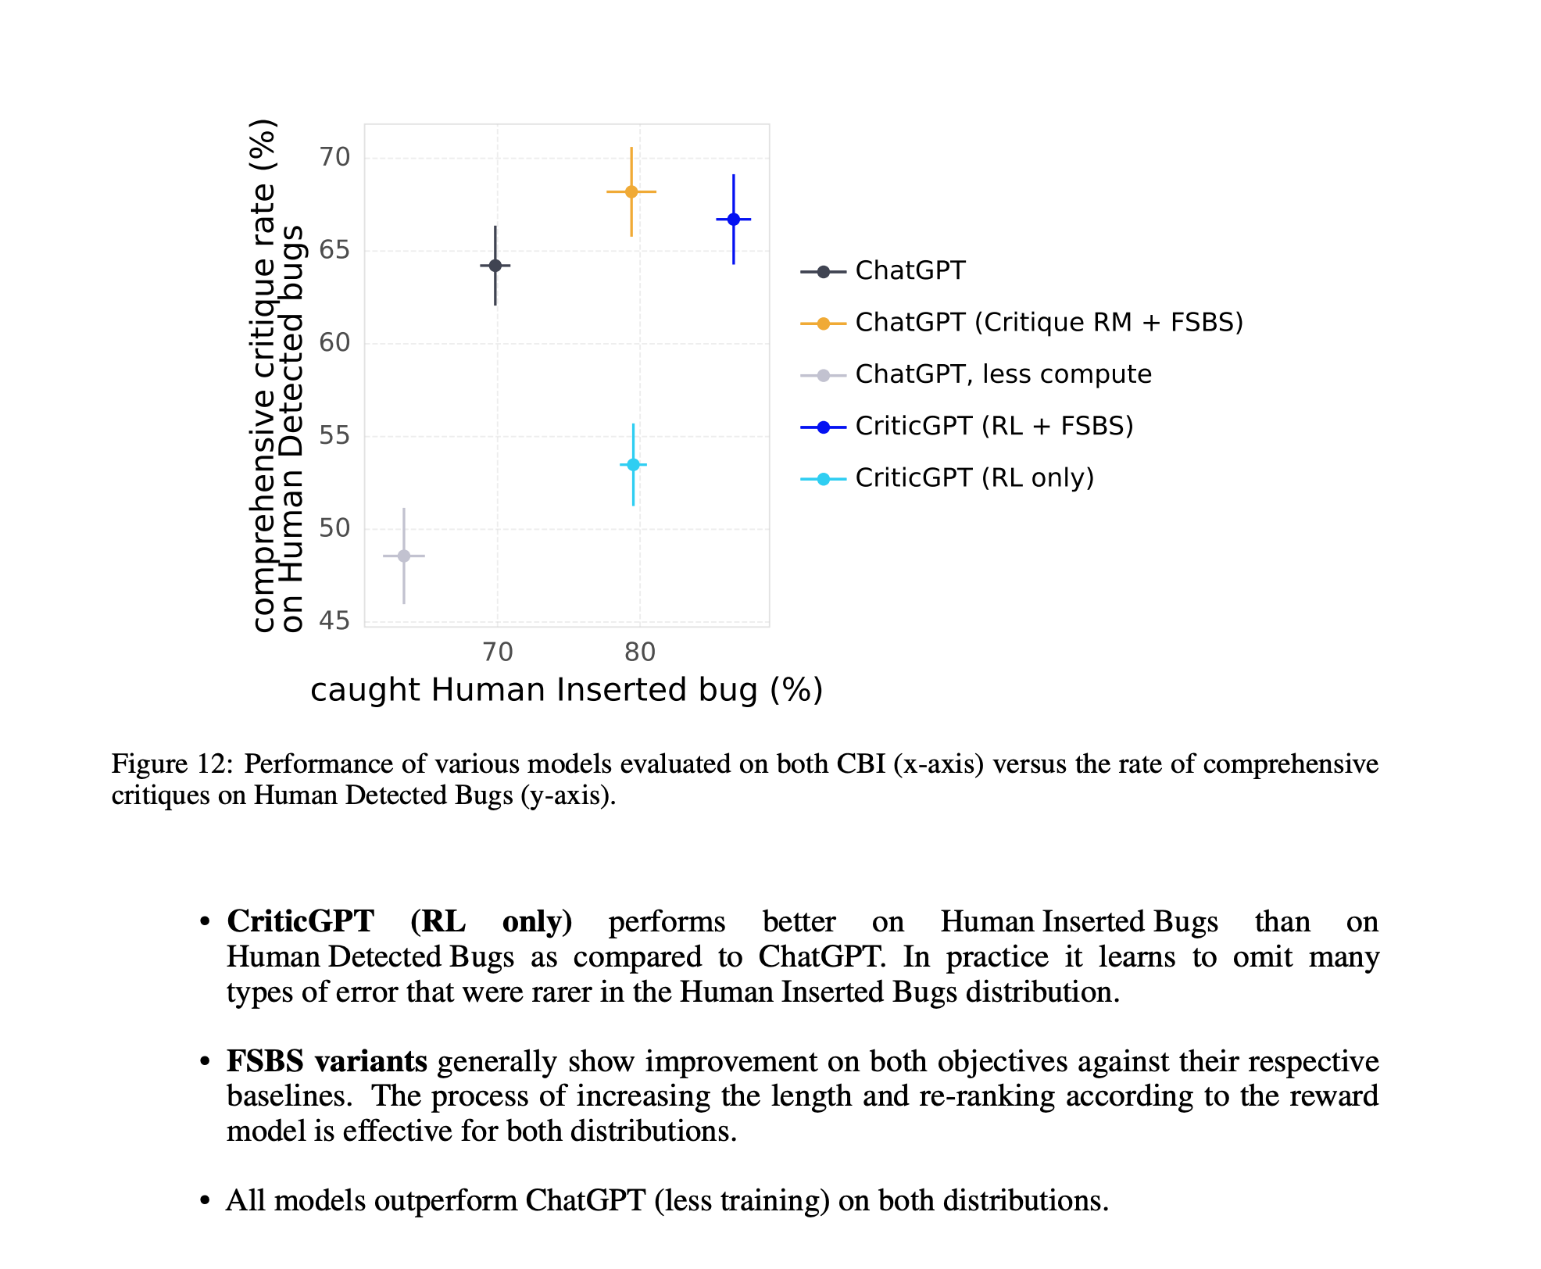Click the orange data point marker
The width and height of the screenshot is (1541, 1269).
[631, 191]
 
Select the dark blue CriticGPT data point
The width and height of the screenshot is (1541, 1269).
[734, 220]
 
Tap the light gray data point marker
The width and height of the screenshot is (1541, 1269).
[404, 556]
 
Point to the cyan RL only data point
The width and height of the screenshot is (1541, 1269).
[634, 465]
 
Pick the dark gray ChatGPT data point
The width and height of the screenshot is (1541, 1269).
[495, 266]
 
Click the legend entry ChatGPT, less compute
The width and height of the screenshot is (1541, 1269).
[1003, 374]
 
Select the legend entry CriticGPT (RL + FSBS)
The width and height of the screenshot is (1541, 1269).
[994, 426]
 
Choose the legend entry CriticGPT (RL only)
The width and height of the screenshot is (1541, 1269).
[974, 477]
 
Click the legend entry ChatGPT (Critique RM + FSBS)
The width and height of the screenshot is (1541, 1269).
[1049, 322]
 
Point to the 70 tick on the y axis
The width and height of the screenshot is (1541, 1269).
[334, 158]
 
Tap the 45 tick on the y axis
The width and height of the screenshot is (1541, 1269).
[334, 621]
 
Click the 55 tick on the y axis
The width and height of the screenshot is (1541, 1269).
[334, 436]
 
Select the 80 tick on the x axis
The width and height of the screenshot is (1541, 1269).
[640, 652]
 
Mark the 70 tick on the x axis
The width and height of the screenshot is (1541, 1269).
[498, 652]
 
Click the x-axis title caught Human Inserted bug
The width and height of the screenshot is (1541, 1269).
[567, 690]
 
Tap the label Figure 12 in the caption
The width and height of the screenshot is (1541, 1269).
[172, 763]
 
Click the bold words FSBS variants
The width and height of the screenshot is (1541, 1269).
[327, 1061]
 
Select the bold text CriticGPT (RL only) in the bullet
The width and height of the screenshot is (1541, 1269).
[399, 921]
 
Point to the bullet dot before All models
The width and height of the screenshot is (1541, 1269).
[205, 1200]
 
